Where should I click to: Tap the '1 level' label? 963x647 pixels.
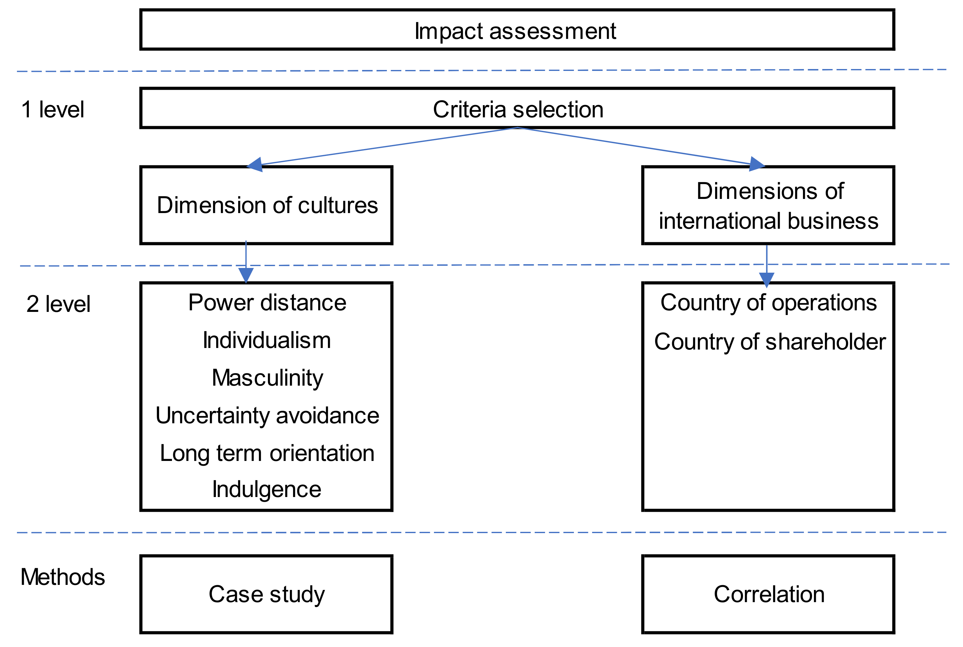coord(52,110)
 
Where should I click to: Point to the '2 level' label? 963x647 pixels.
coord(58,304)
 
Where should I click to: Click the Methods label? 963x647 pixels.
coord(62,577)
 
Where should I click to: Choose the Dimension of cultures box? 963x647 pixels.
coord(266,205)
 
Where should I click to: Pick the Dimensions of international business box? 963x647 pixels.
coord(768,205)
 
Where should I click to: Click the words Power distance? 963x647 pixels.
coord(267,302)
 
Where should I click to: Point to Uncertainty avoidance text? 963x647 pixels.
coord(267,415)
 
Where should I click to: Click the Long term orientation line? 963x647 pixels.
coord(267,453)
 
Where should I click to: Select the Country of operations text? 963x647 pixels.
coord(768,302)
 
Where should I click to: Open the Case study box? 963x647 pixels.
coord(266,594)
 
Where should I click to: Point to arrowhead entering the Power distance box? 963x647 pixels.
coord(246,275)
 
